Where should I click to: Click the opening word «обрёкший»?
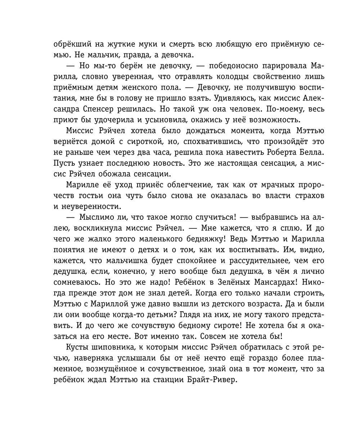(x=71, y=45)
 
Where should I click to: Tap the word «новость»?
(x=163, y=163)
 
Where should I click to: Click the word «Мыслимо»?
(x=94, y=217)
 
